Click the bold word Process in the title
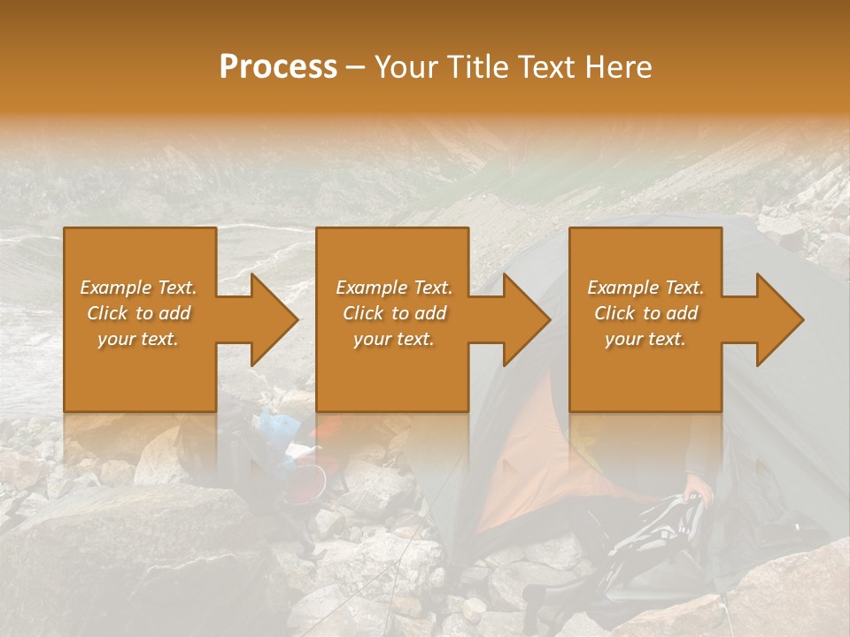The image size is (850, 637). point(278,67)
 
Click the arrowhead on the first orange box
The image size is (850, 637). point(271,319)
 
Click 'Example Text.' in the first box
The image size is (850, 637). point(138,288)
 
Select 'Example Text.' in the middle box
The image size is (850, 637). point(393,288)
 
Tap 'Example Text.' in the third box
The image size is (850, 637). point(645,288)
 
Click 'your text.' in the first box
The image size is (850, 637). point(138,339)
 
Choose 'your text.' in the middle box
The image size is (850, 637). point(393,339)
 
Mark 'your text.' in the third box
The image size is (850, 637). point(645,339)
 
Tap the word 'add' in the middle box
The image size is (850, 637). point(429,313)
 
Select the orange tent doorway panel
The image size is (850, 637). point(540,460)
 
